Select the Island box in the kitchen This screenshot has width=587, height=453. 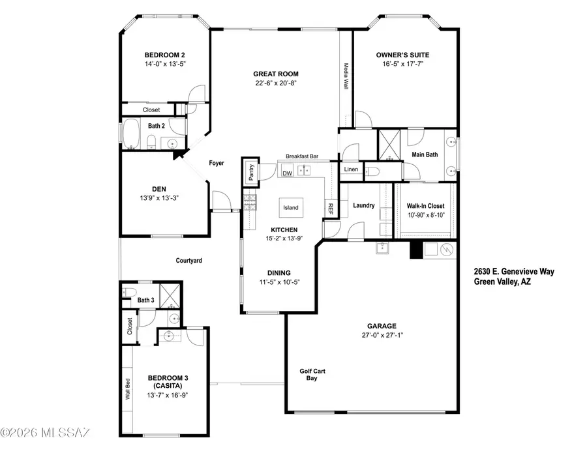pos(290,208)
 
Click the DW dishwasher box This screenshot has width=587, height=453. pos(288,173)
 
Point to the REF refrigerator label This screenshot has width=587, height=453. pos(331,209)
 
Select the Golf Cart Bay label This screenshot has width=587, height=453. pos(312,374)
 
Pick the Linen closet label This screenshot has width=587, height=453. pos(350,170)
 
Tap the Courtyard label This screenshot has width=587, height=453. pos(189,261)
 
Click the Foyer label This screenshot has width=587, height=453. pos(217,162)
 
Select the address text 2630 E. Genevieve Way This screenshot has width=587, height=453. pos(515,272)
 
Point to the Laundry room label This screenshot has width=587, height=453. pos(364,205)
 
